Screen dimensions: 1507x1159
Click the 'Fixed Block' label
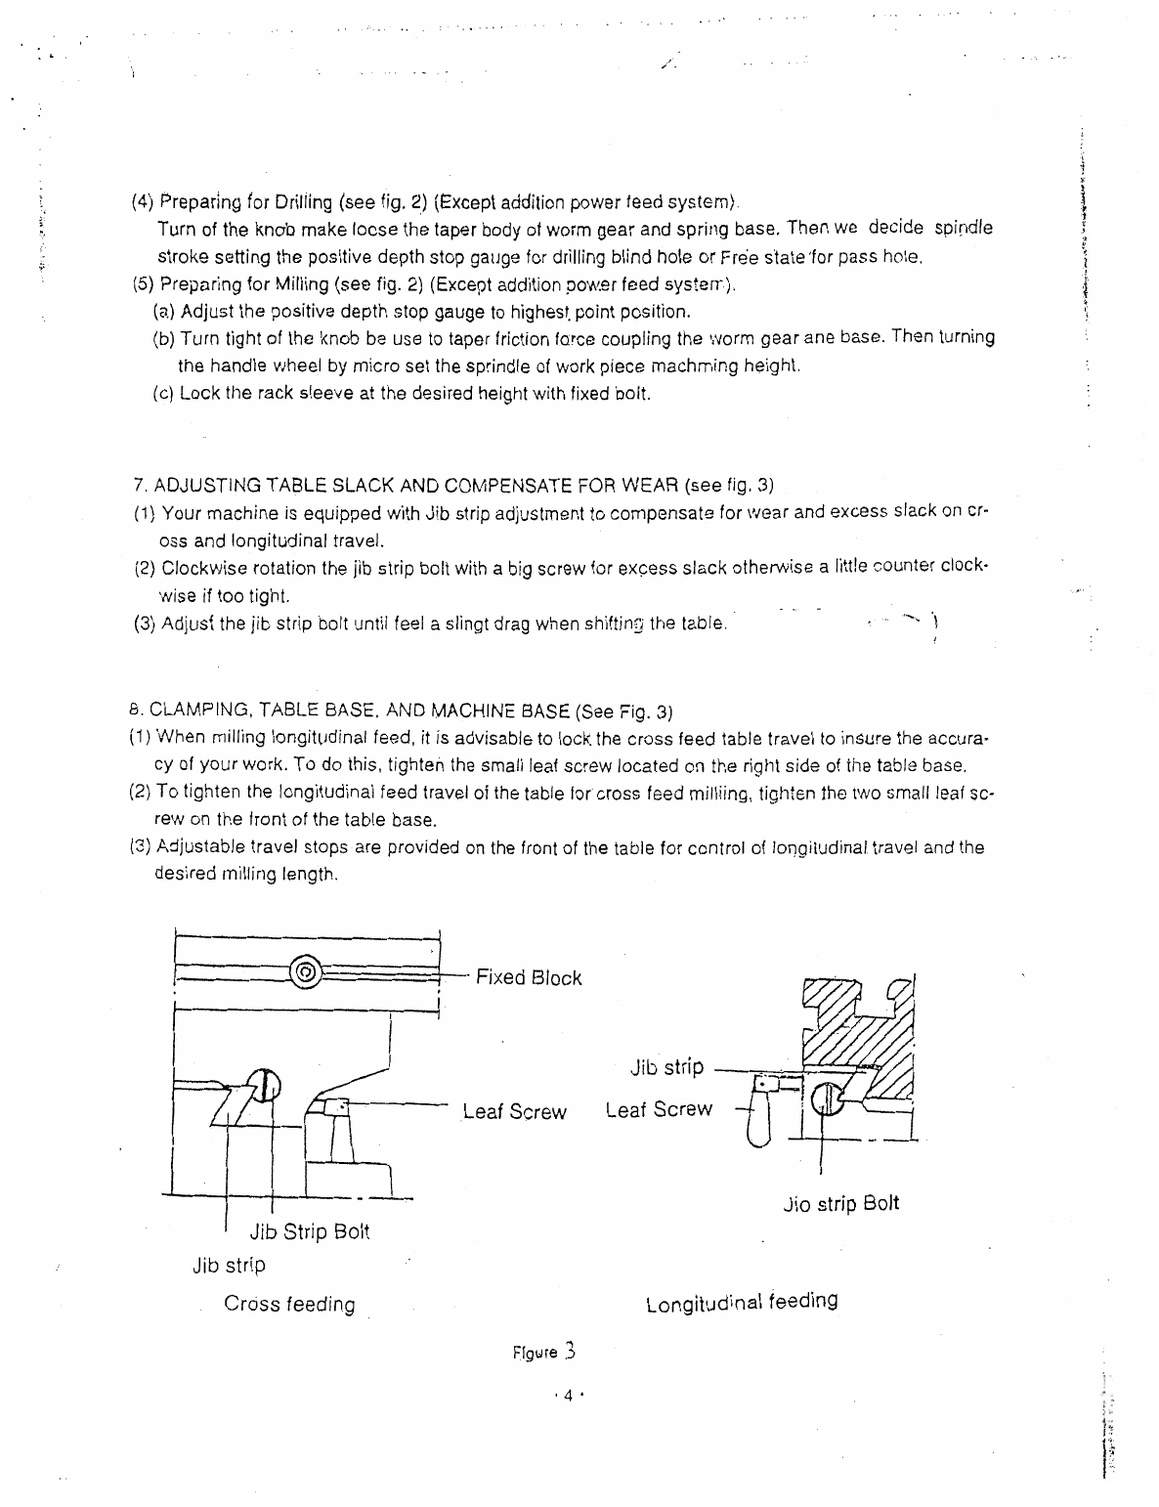tap(528, 978)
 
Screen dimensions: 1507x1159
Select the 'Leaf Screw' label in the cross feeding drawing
tap(514, 1112)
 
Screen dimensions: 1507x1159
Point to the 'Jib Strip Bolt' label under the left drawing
tap(310, 1231)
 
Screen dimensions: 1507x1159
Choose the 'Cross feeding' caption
tap(289, 1305)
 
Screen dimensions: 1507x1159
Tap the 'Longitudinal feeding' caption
tap(742, 1303)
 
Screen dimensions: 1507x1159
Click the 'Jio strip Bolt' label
tap(840, 1203)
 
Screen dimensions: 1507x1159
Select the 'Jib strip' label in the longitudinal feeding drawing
tap(666, 1067)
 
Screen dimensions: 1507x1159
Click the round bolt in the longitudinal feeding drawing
tap(825, 1098)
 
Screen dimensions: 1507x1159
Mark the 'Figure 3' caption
tap(544, 1354)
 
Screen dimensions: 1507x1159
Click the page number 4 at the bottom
tap(566, 1397)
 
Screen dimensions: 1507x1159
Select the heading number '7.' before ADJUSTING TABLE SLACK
tap(139, 486)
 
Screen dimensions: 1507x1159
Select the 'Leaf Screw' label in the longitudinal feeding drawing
tap(659, 1110)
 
